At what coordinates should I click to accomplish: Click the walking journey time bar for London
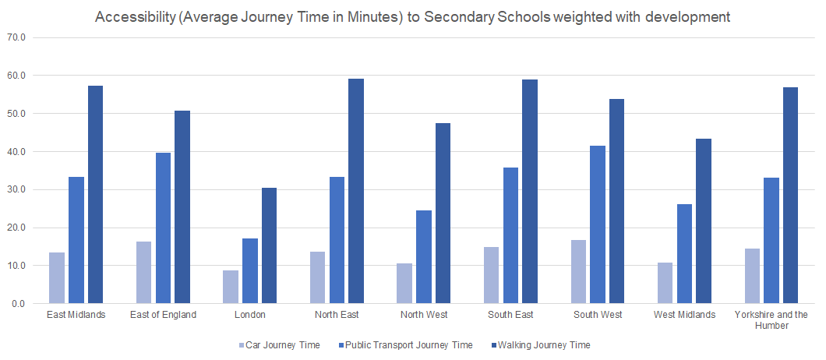coord(269,245)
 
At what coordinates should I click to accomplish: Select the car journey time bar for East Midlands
coord(57,277)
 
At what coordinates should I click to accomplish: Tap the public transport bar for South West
coord(598,224)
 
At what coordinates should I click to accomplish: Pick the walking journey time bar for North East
coord(356,191)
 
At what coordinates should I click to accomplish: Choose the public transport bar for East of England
coord(163,228)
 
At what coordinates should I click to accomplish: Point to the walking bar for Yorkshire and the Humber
coord(790,195)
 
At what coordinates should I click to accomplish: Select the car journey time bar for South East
coord(492,275)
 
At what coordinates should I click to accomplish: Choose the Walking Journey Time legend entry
coord(543,344)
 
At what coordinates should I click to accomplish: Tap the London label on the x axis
coord(249,315)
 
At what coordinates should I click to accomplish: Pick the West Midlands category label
coord(684,315)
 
